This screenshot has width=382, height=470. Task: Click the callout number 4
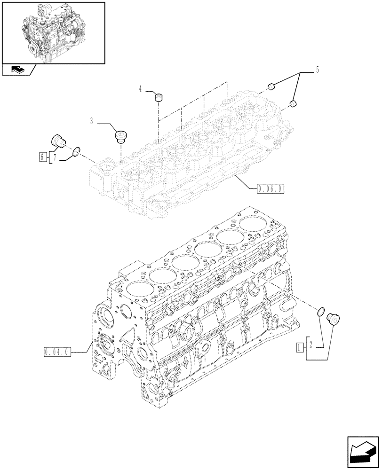[141, 88]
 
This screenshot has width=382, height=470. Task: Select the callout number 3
[92, 122]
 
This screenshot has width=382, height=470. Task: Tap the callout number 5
[317, 70]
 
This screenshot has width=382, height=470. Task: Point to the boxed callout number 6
[43, 157]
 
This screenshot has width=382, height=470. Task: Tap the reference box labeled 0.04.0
[56, 352]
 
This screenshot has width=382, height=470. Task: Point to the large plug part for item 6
[58, 141]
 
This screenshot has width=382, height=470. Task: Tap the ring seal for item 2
[321, 311]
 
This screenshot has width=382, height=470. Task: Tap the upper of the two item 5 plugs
[271, 86]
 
